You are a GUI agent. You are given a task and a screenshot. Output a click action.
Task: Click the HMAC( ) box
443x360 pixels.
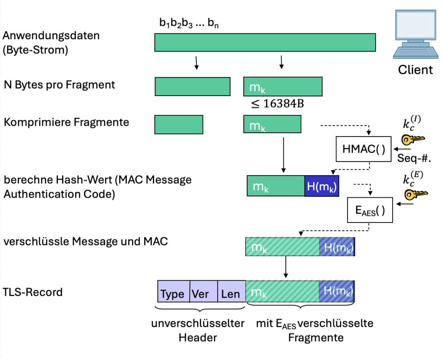pyautogui.click(x=363, y=149)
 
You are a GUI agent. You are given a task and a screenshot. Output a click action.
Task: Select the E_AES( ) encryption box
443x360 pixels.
pyautogui.click(x=370, y=210)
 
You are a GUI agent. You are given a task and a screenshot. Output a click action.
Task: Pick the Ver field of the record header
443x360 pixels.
pyautogui.click(x=203, y=291)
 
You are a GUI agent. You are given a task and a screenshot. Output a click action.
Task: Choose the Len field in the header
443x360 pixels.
pyautogui.click(x=231, y=291)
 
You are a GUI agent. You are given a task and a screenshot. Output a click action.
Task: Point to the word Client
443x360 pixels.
pyautogui.click(x=415, y=70)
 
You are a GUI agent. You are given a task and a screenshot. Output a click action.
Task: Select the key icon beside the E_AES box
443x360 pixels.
pyautogui.click(x=415, y=194)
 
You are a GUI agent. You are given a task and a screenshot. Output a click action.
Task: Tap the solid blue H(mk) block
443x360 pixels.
pyautogui.click(x=321, y=186)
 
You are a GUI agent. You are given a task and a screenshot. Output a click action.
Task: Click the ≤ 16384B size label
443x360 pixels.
pyautogui.click(x=278, y=104)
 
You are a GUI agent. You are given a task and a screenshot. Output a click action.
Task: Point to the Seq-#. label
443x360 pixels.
pyautogui.click(x=414, y=158)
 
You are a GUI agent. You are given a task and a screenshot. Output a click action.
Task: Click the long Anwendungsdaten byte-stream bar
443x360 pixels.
pyautogui.click(x=265, y=42)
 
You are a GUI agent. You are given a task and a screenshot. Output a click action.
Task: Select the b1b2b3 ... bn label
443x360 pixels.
pyautogui.click(x=189, y=23)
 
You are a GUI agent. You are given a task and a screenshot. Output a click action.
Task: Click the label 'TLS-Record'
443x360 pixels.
pyautogui.click(x=33, y=292)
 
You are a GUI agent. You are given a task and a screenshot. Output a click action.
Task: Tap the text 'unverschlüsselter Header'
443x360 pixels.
pyautogui.click(x=198, y=330)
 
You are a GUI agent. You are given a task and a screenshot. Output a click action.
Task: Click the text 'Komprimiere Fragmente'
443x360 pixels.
pyautogui.click(x=66, y=122)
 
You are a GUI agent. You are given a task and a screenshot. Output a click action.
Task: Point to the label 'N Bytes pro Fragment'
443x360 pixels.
pyautogui.click(x=59, y=85)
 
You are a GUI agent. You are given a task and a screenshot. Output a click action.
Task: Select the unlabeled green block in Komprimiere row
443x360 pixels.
pyautogui.click(x=179, y=125)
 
